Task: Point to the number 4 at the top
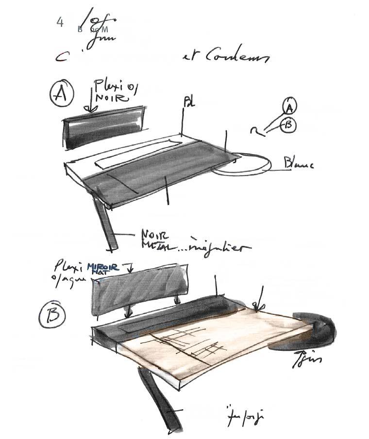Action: pyautogui.click(x=60, y=22)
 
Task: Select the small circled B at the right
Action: pyautogui.click(x=288, y=125)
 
